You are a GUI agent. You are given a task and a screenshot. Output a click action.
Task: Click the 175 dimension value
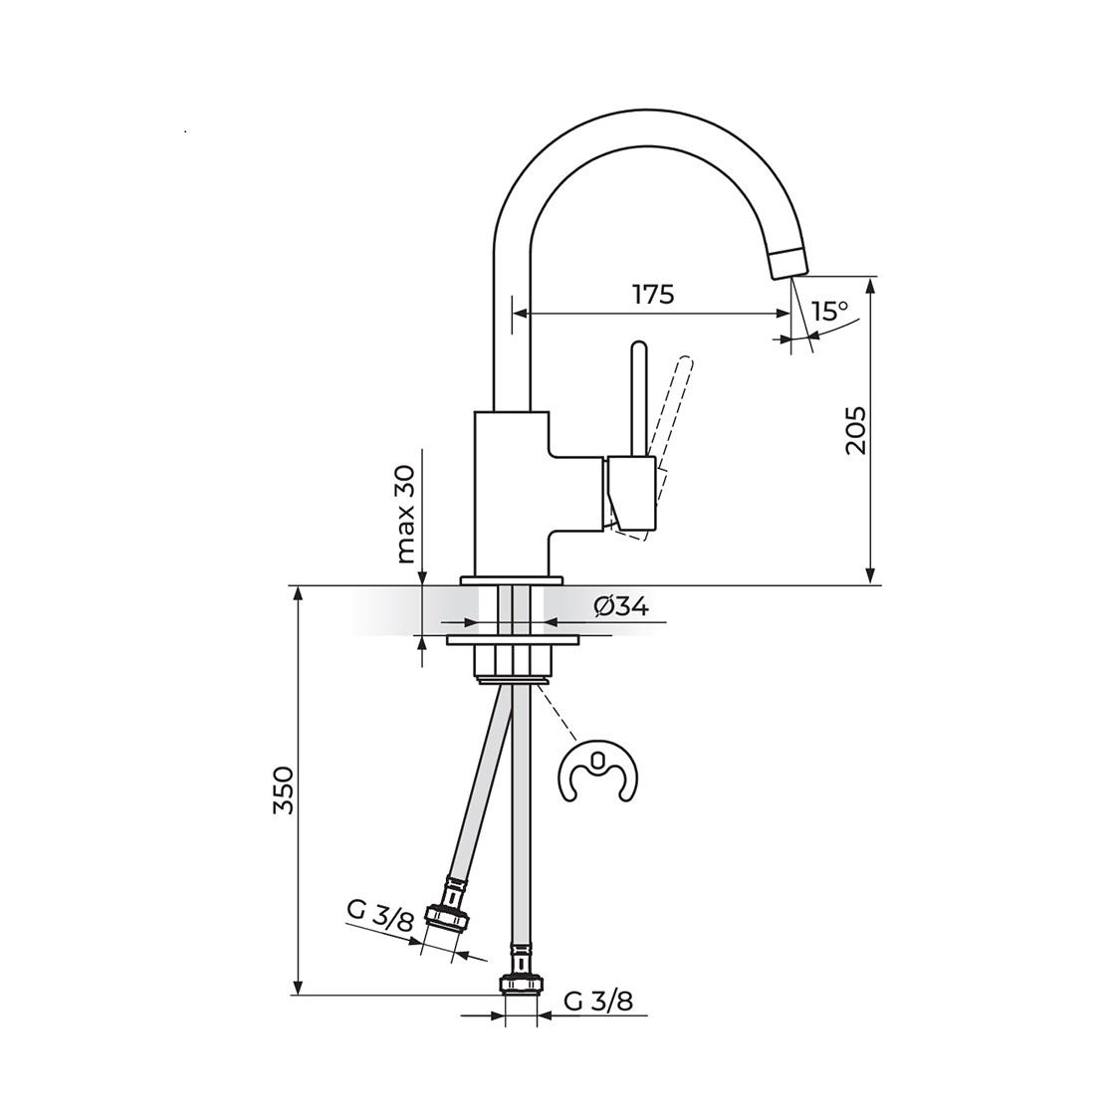653,294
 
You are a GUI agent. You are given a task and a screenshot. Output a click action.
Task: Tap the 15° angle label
829,312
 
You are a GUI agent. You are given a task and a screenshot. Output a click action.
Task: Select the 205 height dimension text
856,430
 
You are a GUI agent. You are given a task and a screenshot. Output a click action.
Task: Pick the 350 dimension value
285,790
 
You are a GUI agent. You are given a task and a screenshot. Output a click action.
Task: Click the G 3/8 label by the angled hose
379,915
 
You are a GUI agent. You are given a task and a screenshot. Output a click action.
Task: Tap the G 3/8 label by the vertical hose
598,1001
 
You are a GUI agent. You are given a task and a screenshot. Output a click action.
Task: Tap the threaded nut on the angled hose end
447,915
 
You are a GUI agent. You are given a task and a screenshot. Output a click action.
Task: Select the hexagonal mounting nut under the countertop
512,661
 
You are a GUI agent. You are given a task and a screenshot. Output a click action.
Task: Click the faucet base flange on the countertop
512,579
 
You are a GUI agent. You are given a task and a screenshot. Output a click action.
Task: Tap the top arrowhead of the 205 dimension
871,285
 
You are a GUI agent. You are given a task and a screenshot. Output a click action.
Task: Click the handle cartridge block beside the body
631,494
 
